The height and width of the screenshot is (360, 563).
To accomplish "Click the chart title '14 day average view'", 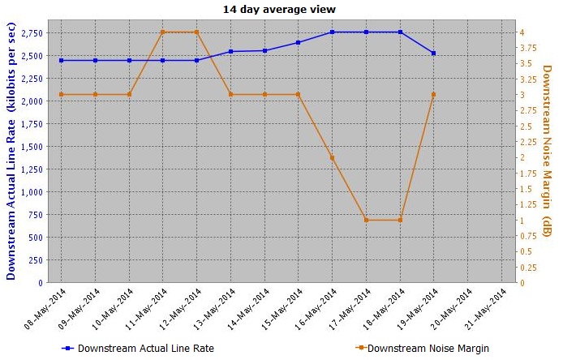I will click(x=279, y=9).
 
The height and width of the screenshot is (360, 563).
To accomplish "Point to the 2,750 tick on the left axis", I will click(x=33, y=32).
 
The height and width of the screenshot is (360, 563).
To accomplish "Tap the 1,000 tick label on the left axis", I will click(x=33, y=192).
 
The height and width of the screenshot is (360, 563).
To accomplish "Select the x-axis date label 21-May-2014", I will click(x=490, y=306).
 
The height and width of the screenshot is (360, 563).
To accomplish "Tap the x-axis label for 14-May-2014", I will click(x=252, y=306).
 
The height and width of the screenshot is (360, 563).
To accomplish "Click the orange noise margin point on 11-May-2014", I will click(x=163, y=32).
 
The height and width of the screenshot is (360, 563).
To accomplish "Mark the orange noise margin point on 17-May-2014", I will click(x=367, y=221).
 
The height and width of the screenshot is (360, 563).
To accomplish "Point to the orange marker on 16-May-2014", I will click(x=333, y=157).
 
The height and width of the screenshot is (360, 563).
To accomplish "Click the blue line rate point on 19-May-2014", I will click(x=434, y=54).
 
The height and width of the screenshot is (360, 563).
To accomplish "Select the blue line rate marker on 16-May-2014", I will click(x=333, y=32).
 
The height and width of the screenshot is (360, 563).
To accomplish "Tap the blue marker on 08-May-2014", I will click(x=62, y=61).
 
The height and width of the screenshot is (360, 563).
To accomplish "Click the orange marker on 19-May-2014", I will click(x=434, y=95).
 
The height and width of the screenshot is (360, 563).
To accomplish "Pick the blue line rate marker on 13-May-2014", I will click(x=231, y=52).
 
